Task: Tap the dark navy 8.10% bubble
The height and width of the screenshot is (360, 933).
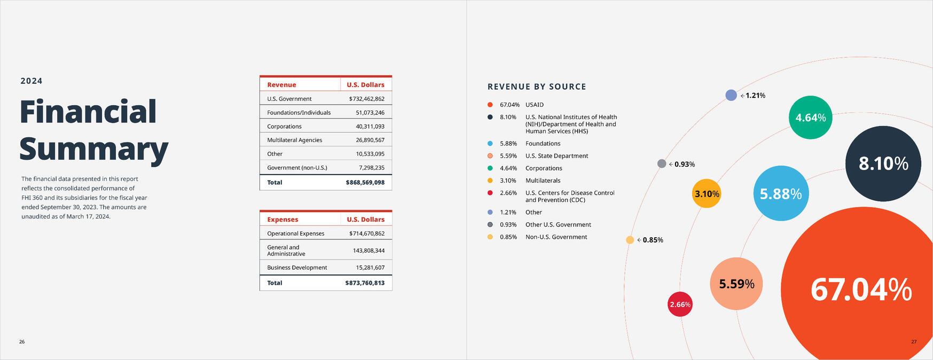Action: [883, 163]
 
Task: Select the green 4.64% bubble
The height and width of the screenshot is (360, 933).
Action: [810, 118]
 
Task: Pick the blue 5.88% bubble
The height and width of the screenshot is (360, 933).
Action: [781, 193]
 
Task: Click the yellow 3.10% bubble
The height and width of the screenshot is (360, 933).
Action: [707, 193]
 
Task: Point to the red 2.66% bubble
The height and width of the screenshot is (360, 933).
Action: [680, 304]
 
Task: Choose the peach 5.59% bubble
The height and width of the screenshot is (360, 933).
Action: [736, 284]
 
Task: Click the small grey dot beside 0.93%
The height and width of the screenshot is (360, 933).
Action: [662, 164]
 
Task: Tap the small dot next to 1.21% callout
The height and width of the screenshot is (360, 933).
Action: [731, 95]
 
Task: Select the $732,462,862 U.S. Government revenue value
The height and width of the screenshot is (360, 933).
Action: [366, 99]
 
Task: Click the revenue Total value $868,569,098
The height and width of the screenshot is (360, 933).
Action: [365, 183]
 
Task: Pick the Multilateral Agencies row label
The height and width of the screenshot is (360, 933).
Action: [294, 140]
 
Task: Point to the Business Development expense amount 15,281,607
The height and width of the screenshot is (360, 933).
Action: [370, 268]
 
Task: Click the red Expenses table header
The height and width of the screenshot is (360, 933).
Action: [283, 220]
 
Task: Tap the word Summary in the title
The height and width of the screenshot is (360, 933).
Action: [93, 150]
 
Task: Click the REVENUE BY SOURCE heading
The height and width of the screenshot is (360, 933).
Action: [537, 87]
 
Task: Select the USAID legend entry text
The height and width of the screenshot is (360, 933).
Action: [534, 105]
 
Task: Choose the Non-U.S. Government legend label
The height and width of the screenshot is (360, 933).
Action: [556, 237]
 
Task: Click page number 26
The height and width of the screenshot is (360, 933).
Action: [22, 342]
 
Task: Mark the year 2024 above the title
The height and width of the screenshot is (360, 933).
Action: [32, 81]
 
